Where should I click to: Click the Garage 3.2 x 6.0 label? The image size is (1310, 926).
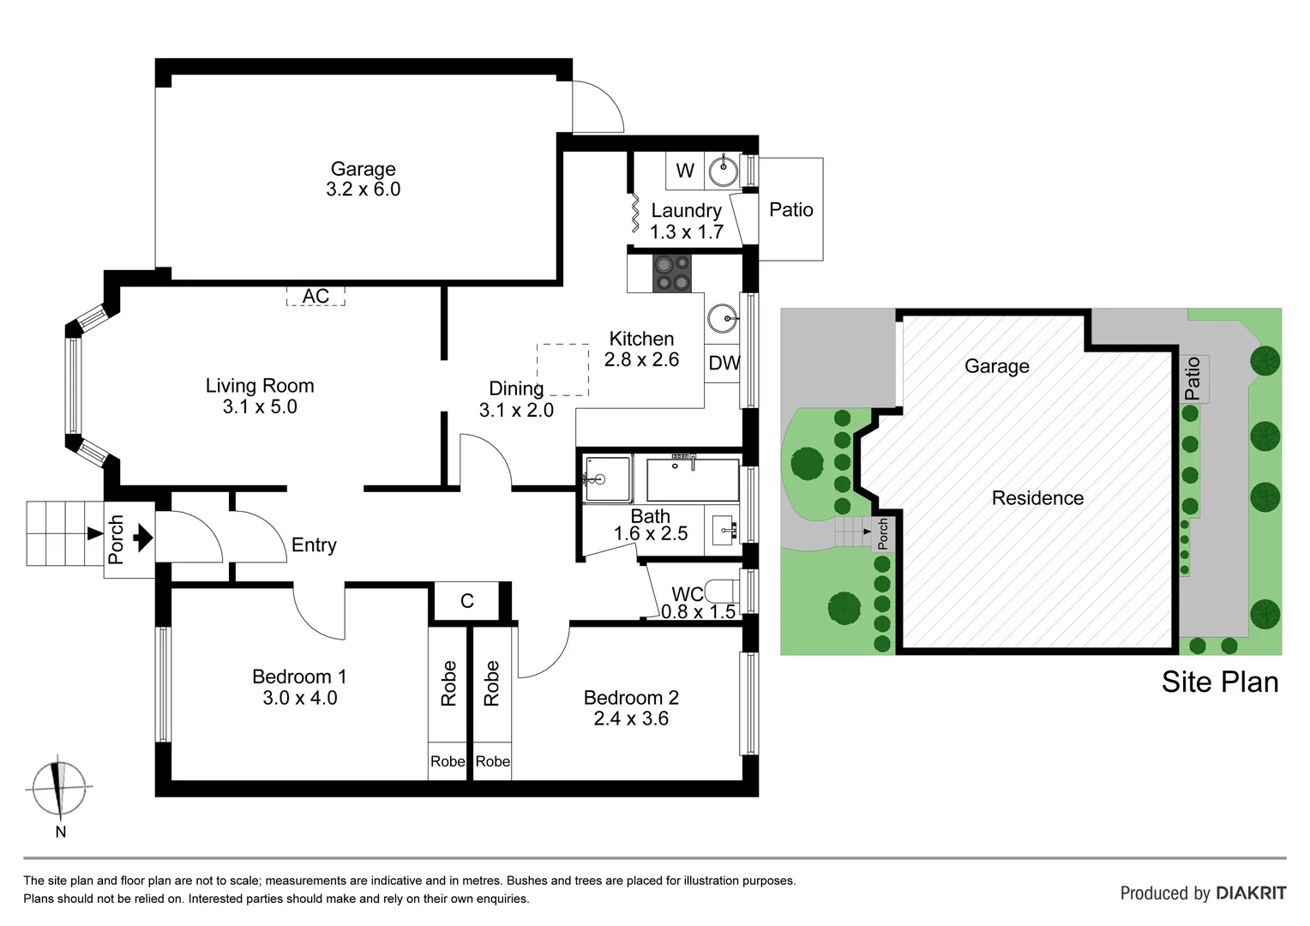363,179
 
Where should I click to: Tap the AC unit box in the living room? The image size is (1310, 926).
315,296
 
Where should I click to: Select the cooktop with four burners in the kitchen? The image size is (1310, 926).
672,274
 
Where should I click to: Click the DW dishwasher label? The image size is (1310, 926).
723,363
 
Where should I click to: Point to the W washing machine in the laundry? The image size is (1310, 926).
684,171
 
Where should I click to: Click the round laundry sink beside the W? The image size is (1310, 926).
723,171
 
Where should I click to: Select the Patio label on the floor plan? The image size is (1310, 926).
790,209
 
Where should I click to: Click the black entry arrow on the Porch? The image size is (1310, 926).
142,538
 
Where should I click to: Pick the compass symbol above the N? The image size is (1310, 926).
58,786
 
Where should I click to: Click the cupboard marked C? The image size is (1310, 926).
466,600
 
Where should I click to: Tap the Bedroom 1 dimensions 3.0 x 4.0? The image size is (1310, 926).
299,698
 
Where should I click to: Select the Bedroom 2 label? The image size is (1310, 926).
631,698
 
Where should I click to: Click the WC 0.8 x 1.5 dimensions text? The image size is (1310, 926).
698,611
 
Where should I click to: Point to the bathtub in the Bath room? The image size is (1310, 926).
692,480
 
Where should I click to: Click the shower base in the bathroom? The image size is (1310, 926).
607,479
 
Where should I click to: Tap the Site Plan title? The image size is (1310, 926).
1219,682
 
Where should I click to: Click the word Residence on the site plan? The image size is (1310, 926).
1037,498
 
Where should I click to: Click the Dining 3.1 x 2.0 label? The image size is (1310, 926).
516,400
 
